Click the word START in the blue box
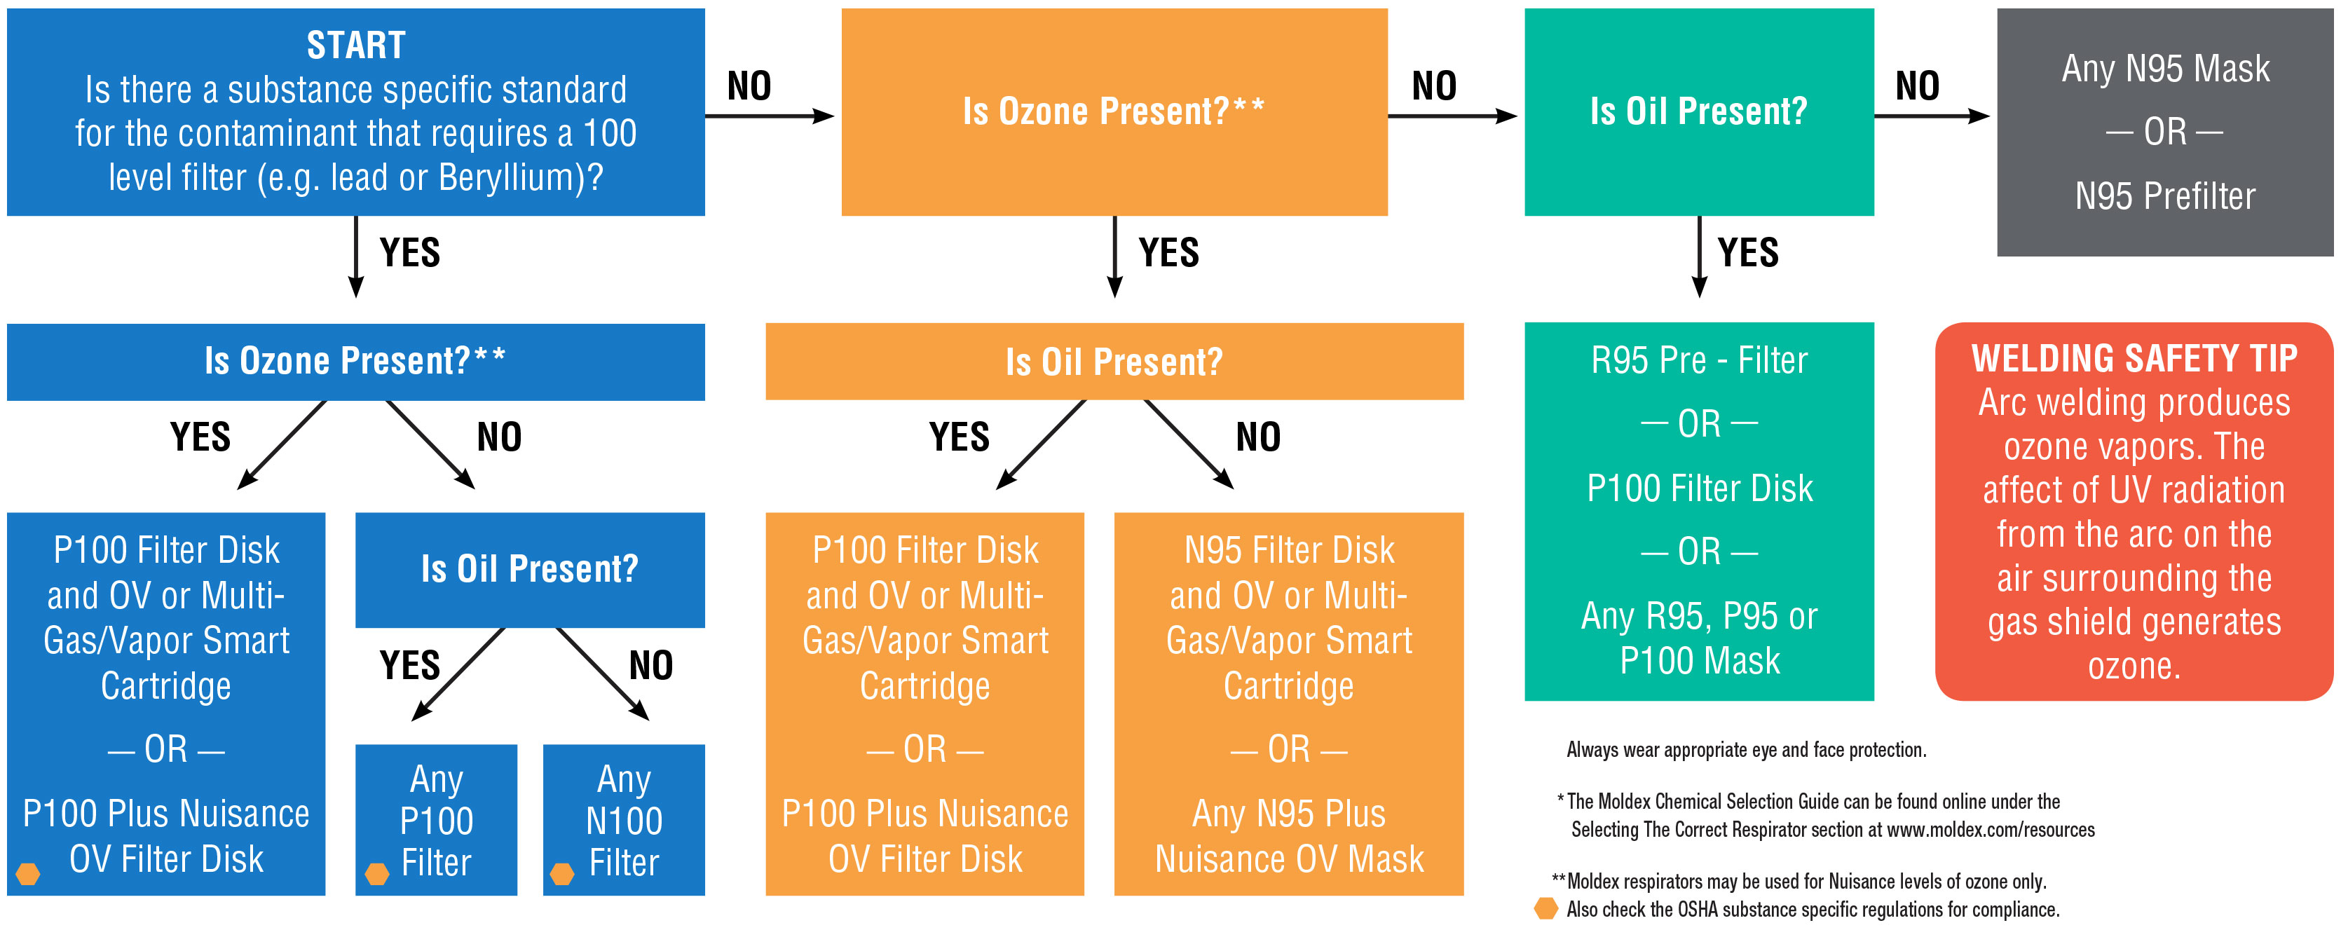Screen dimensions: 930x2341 (355, 45)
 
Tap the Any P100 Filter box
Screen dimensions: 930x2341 (436, 819)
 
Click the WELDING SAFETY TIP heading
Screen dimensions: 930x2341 (2134, 358)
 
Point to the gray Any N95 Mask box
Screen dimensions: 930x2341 (2164, 132)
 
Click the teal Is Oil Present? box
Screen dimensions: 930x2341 (1698, 111)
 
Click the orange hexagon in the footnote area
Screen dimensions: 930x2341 (1545, 908)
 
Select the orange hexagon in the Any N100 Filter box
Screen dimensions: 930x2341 (563, 874)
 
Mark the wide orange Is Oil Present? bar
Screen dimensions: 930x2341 (1114, 362)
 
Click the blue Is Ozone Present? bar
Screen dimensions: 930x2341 (355, 361)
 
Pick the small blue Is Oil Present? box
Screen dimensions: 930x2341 (530, 569)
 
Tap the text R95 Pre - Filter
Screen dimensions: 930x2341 (1698, 361)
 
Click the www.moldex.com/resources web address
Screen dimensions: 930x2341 (1991, 829)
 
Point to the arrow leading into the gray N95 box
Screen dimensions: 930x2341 (1931, 116)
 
